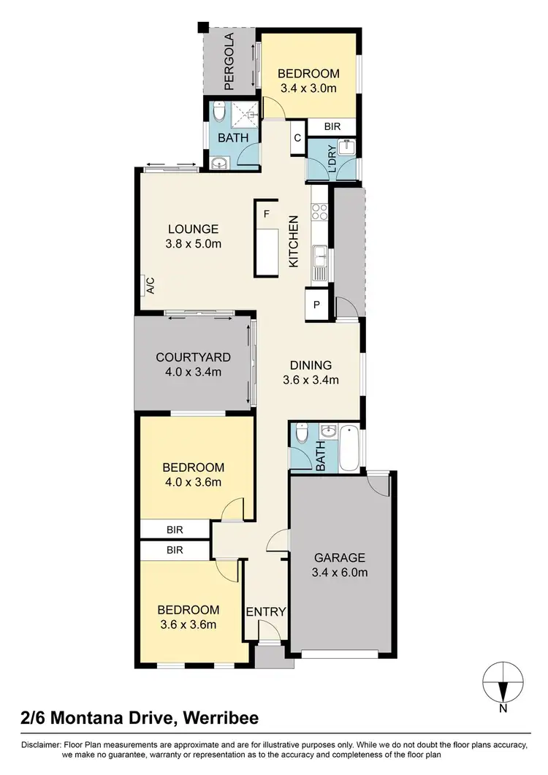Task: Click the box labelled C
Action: tap(297, 137)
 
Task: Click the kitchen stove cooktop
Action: tap(320, 211)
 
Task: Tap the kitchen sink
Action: tap(320, 255)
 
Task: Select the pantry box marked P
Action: tap(317, 305)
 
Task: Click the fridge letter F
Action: tap(267, 214)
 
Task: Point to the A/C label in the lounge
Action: tap(149, 285)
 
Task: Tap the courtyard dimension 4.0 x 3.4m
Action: tap(193, 372)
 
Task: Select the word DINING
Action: tap(311, 365)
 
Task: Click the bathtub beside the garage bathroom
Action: tap(349, 447)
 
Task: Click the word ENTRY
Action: tap(265, 611)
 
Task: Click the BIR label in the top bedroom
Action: tap(332, 126)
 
